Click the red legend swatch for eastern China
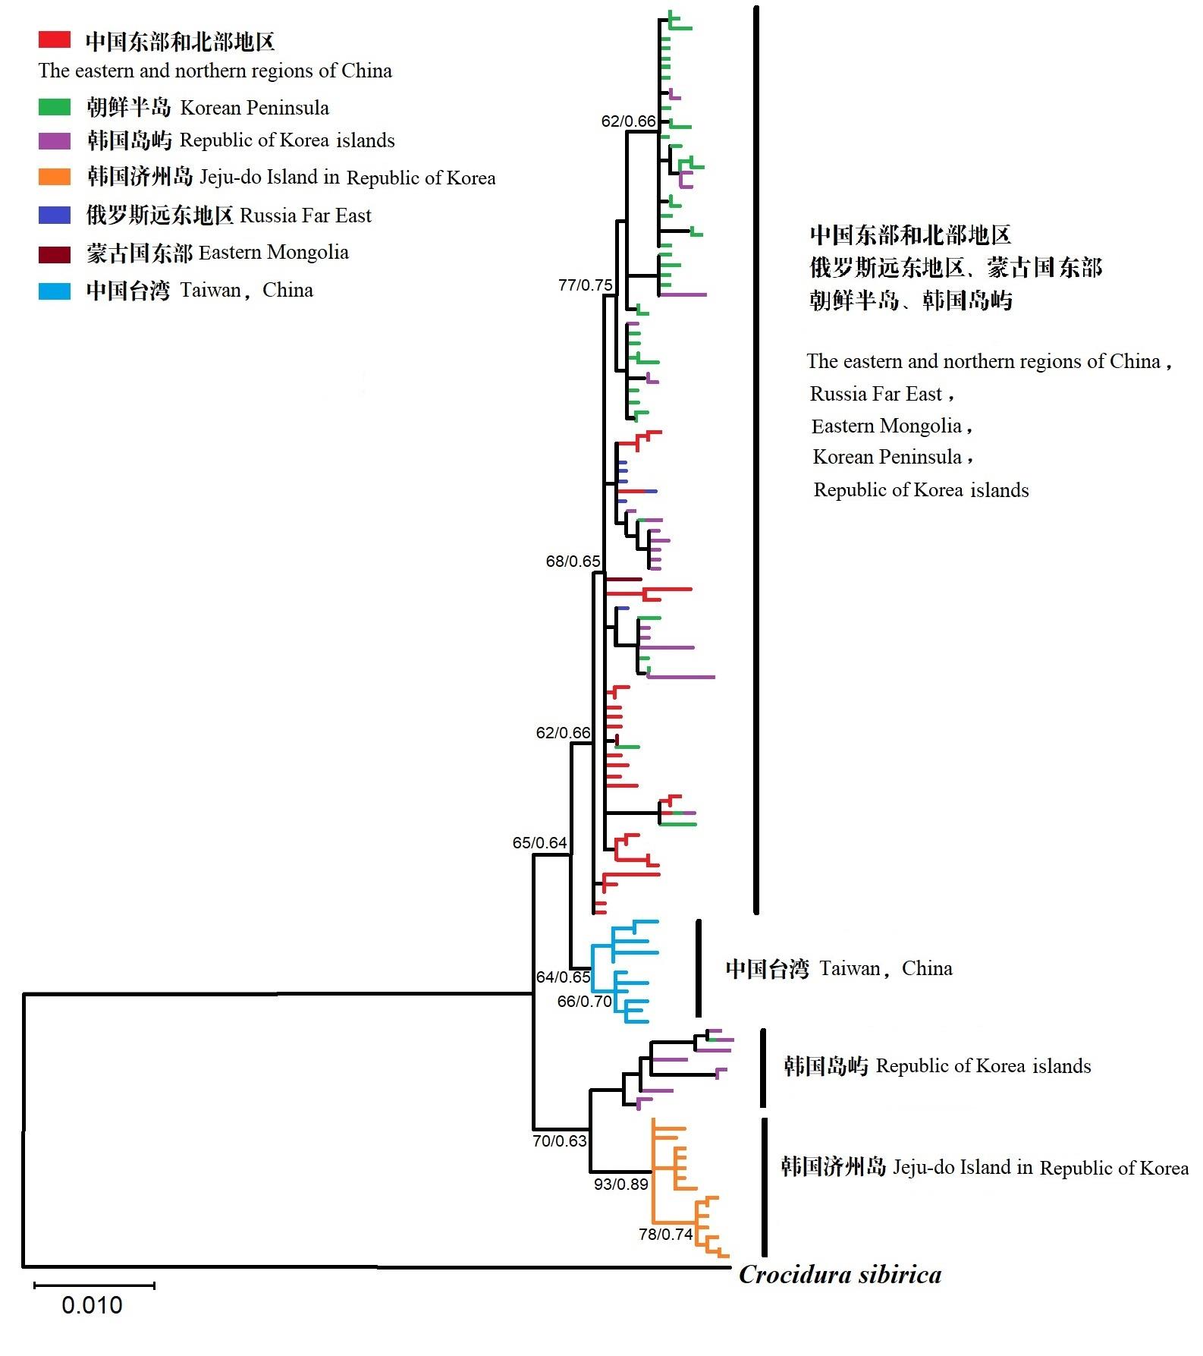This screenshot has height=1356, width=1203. coord(55,39)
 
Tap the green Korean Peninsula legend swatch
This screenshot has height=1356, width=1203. coord(55,107)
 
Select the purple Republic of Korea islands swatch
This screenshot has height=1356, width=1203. coord(55,140)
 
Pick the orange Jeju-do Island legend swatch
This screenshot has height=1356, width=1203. coord(55,177)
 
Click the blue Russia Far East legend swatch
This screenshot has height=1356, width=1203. coord(55,215)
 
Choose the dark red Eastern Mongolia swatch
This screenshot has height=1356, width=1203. coord(55,253)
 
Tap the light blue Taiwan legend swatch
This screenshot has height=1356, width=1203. coord(55,291)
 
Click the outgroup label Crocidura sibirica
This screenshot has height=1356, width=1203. coord(840,1276)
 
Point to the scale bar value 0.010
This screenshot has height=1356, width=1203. coord(92,1305)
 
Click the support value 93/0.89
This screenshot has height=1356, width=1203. coord(620,1185)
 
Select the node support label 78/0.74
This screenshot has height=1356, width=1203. coord(665,1235)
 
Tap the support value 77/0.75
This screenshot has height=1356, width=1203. coord(585,285)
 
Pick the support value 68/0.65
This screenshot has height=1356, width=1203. coord(573,562)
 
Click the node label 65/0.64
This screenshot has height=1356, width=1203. coord(539,843)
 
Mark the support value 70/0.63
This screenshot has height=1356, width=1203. coord(560,1141)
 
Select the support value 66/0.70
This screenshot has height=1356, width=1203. coord(584,1002)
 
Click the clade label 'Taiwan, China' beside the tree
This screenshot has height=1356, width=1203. coord(838,969)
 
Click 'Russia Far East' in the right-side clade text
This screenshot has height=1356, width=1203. coord(876,394)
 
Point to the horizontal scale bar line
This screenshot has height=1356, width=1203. coord(94,1285)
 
